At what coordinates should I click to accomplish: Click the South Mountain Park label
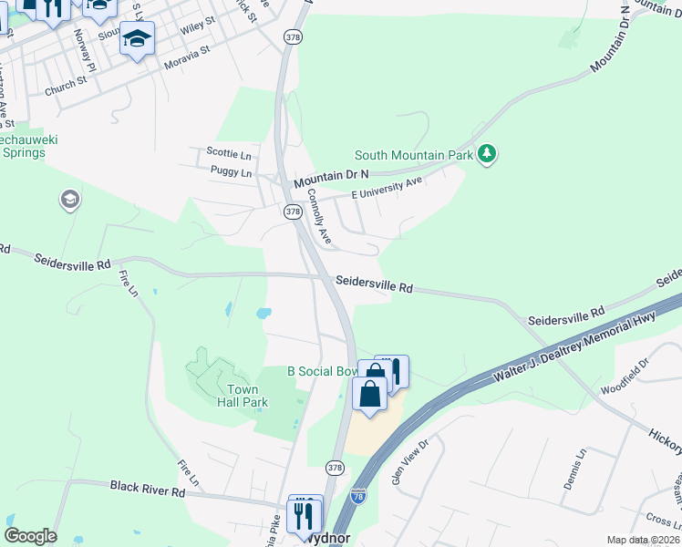point(413,155)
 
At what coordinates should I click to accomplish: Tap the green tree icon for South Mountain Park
point(488,154)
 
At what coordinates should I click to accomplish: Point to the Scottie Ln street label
point(228,152)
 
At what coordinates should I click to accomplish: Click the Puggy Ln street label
point(230,171)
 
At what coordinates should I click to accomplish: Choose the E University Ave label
point(387,188)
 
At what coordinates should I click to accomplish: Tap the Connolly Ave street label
point(319,216)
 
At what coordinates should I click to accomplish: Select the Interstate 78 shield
point(358,496)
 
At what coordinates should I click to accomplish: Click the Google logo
point(30,536)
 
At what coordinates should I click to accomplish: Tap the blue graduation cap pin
point(137,38)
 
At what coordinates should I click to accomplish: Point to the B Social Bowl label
point(324,371)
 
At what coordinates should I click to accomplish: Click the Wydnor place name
point(327,537)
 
